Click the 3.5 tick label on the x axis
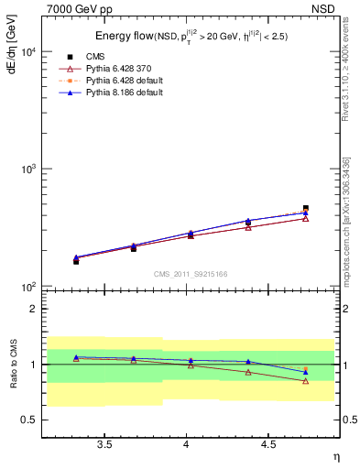click(x=105, y=444)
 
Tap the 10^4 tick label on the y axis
click(x=27, y=52)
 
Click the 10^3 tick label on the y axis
click(x=27, y=170)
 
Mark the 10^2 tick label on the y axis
click(x=27, y=288)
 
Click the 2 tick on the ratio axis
click(x=34, y=309)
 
